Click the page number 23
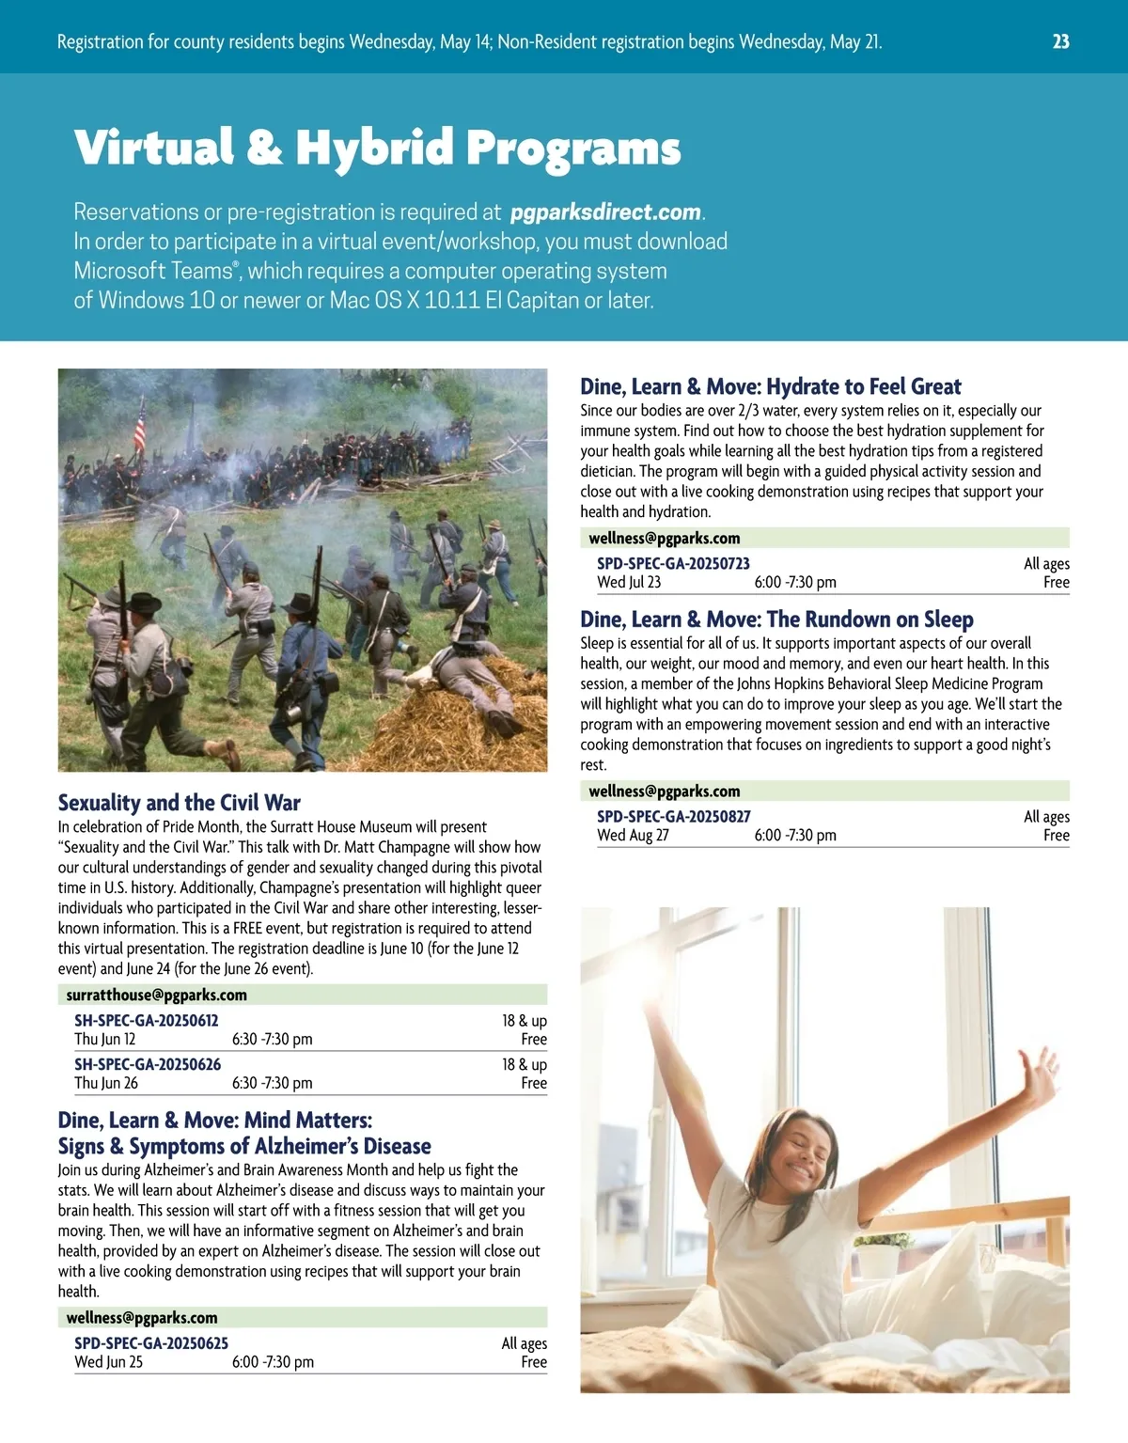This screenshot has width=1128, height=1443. (1060, 41)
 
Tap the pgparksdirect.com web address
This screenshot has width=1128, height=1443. (605, 212)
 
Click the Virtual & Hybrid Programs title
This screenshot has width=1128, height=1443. (377, 148)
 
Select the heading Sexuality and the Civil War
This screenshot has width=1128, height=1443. (179, 803)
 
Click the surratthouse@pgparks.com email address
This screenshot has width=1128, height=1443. (156, 995)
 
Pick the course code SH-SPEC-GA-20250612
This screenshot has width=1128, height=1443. (146, 1020)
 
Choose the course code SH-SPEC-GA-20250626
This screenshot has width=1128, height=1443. (148, 1064)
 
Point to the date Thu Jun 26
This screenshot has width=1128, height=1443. (106, 1083)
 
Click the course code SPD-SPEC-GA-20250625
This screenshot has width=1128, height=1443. (151, 1343)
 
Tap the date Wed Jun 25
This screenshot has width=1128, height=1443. (109, 1362)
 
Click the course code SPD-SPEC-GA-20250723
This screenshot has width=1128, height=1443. (673, 563)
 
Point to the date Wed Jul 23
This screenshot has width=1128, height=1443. (629, 582)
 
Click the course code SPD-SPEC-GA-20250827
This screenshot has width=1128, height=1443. (673, 816)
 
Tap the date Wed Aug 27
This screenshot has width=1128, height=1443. (633, 835)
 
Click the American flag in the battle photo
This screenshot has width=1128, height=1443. (139, 425)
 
